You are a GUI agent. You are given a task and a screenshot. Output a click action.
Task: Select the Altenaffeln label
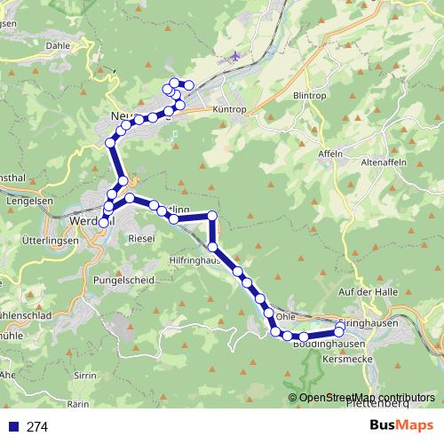pos(383,163)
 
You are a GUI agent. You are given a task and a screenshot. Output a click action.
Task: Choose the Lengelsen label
pos(25,202)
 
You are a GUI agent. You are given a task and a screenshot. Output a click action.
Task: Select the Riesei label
pos(142,239)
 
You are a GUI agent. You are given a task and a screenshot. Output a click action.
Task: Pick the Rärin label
pos(79,403)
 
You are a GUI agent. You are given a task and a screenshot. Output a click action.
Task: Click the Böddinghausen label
pos(329,344)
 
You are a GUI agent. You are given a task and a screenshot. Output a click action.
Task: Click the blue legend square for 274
pos(12,427)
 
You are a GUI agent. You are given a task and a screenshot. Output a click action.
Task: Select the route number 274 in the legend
pos(37,427)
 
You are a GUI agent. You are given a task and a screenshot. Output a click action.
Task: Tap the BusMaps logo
pos(401,426)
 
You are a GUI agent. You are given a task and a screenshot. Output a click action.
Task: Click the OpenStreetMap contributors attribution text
pos(367,397)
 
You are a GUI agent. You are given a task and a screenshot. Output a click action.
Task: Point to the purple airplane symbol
pos(234,57)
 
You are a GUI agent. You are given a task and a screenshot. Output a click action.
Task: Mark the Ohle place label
pos(285,316)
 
